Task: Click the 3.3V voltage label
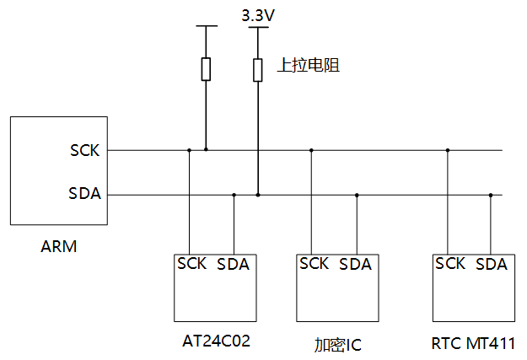point(258,15)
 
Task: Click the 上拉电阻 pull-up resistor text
point(309,65)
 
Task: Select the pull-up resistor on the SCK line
point(206,68)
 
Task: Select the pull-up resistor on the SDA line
point(258,68)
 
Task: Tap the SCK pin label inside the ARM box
point(84,151)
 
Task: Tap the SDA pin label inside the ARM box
point(84,195)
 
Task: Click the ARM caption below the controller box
point(58,247)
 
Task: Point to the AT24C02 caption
point(217,341)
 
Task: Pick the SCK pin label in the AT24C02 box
point(192,263)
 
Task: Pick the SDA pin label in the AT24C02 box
point(234,264)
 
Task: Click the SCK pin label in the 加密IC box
point(314,264)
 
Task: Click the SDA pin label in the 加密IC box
point(355,264)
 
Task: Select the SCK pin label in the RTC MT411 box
point(450,264)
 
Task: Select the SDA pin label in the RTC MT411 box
point(492,264)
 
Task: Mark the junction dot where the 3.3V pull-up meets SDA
point(258,195)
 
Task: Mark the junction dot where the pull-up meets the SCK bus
point(206,150)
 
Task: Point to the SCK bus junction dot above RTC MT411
point(448,150)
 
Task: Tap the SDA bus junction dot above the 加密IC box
point(357,195)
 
